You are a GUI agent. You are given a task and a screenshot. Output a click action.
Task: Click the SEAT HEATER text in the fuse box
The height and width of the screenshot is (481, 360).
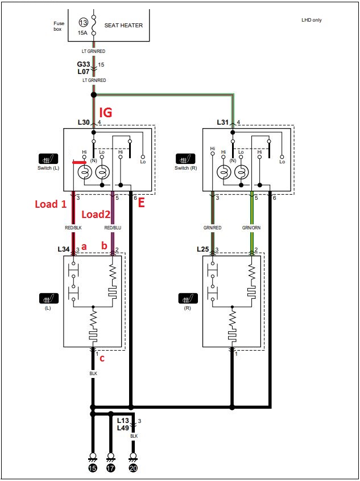123,26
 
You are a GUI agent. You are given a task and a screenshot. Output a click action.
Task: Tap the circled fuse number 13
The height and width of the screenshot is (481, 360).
82,22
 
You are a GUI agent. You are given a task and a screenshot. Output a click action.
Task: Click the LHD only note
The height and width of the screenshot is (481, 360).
312,20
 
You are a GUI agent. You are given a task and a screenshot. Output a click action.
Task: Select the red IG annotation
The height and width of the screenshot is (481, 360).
105,113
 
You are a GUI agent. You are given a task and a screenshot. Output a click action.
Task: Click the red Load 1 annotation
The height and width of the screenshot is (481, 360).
51,204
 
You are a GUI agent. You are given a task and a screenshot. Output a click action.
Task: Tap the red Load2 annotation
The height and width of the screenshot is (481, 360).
96,215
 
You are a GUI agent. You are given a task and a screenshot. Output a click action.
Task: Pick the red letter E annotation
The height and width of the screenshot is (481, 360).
141,203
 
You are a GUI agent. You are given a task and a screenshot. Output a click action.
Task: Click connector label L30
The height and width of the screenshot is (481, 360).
84,122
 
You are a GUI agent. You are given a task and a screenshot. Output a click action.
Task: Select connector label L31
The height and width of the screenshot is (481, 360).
223,122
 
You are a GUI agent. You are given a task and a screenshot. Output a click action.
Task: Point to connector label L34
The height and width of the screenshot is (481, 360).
64,250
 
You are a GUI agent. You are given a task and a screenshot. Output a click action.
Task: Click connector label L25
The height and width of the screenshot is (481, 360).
203,250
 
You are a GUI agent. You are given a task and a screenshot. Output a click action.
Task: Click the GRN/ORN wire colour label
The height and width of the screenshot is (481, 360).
252,228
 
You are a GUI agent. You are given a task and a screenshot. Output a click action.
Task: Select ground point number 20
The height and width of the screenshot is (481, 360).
133,468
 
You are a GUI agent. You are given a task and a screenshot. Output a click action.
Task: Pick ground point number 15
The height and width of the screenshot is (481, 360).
93,468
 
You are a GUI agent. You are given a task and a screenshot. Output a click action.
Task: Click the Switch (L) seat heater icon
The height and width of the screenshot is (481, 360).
48,159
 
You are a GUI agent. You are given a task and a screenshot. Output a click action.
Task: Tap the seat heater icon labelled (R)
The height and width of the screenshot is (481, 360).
188,298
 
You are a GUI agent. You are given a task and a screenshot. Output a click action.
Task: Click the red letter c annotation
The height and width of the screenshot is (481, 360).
102,358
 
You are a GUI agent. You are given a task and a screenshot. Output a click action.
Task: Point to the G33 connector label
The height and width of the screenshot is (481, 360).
84,64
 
